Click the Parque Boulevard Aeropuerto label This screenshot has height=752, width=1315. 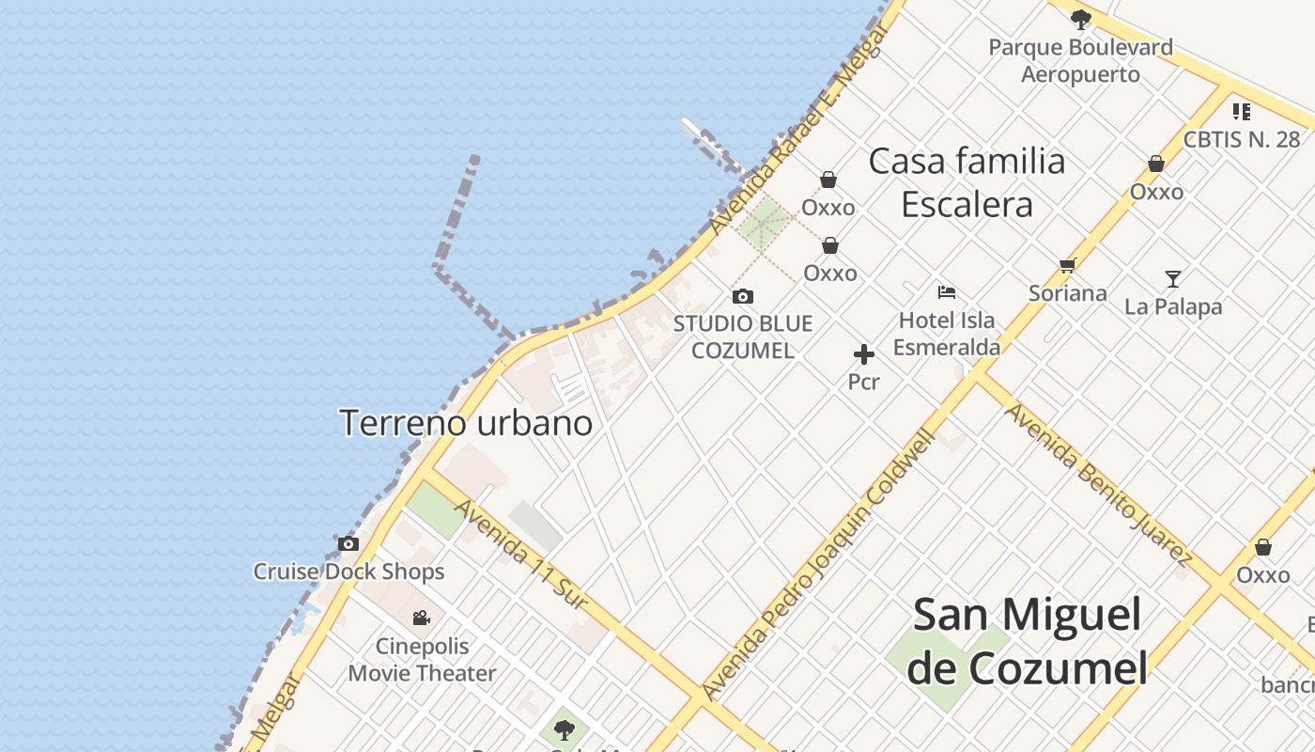pyautogui.click(x=1080, y=60)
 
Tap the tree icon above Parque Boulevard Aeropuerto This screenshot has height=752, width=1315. pyautogui.click(x=1081, y=18)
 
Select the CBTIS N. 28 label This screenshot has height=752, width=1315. pyautogui.click(x=1241, y=139)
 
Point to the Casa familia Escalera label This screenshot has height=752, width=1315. pyautogui.click(x=967, y=182)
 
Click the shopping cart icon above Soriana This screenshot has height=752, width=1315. pyautogui.click(x=1067, y=266)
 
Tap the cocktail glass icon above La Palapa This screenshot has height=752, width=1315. pyautogui.click(x=1173, y=278)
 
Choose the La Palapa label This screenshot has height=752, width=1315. pyautogui.click(x=1173, y=306)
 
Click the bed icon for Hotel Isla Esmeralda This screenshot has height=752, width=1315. pyautogui.click(x=947, y=292)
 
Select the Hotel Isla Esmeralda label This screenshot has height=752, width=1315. pyautogui.click(x=947, y=334)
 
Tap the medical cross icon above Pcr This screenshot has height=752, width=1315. pyautogui.click(x=864, y=354)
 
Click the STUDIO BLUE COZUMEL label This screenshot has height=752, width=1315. pyautogui.click(x=743, y=337)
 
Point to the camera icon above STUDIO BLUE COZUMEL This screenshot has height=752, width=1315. pyautogui.click(x=743, y=297)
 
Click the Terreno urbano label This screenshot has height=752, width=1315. pyautogui.click(x=466, y=423)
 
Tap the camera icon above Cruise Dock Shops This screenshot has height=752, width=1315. pyautogui.click(x=348, y=543)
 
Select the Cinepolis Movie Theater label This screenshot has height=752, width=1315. pyautogui.click(x=422, y=660)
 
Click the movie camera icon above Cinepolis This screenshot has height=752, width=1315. pyautogui.click(x=422, y=618)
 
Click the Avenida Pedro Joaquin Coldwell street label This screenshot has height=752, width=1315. pyautogui.click(x=820, y=563)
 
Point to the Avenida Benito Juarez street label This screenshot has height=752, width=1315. pyautogui.click(x=1098, y=485)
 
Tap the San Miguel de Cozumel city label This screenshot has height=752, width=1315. pyautogui.click(x=1028, y=641)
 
